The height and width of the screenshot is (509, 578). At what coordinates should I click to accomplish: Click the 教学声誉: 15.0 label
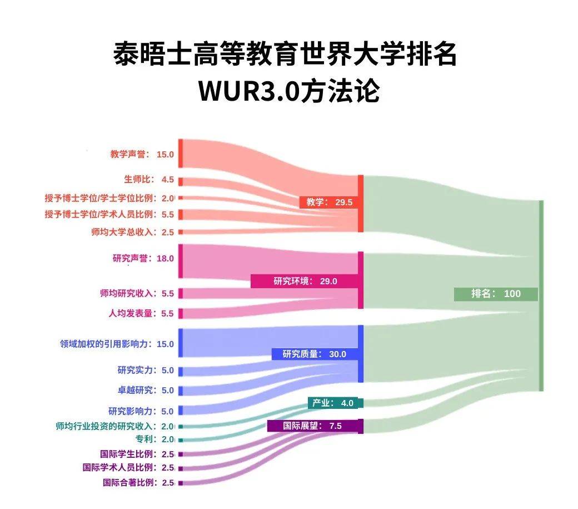click(x=142, y=154)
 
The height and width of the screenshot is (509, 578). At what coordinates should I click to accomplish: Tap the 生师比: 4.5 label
click(x=148, y=180)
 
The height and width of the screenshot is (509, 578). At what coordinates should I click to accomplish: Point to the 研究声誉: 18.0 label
click(x=143, y=258)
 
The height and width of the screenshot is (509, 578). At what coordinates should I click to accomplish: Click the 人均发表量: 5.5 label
click(x=141, y=313)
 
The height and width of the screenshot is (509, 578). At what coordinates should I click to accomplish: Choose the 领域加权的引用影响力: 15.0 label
click(x=117, y=344)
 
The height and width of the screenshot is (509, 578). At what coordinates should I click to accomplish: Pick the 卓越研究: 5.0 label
click(x=146, y=390)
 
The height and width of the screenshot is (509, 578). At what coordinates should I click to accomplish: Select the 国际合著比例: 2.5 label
click(x=138, y=482)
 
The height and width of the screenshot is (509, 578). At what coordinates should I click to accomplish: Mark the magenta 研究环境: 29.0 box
click(x=304, y=281)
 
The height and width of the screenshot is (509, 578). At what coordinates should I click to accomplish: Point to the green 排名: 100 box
click(x=495, y=294)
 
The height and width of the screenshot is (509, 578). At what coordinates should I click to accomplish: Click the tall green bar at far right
click(x=541, y=295)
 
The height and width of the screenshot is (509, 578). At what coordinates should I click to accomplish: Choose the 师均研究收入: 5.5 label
click(x=137, y=293)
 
